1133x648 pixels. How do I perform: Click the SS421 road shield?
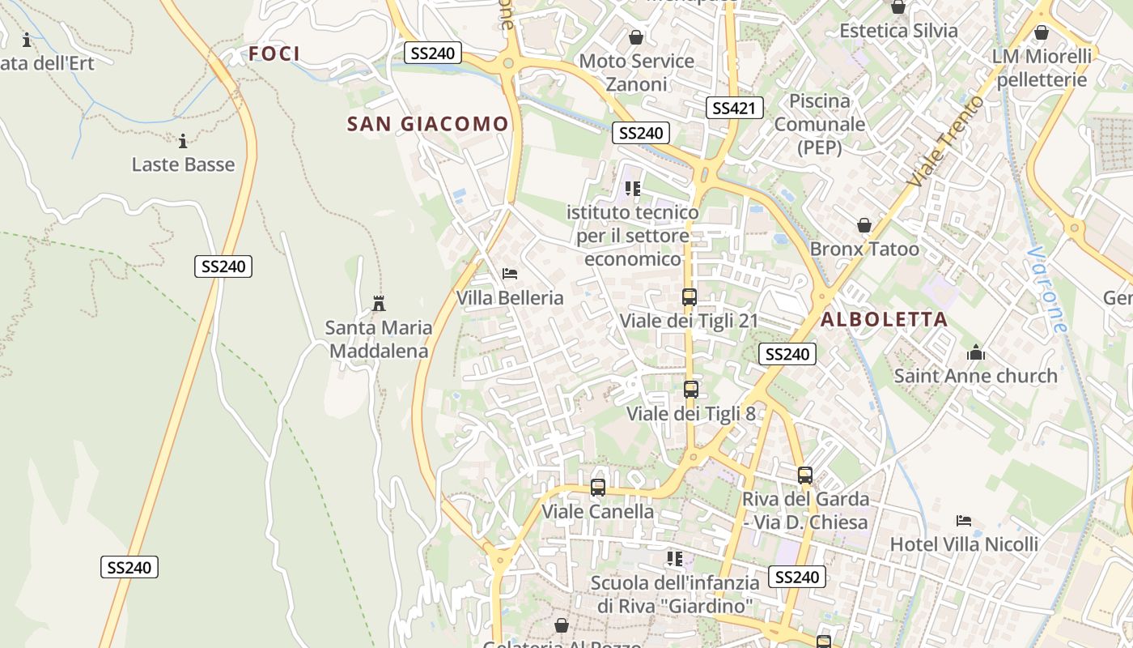pos(735,108)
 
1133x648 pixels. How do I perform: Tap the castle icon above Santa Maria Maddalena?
pos(378,304)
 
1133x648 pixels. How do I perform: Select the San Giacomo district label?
pos(427,124)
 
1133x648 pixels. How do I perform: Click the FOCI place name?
pos(274,53)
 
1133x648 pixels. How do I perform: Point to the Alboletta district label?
pos(884,319)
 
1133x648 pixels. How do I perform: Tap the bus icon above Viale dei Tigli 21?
pos(690,297)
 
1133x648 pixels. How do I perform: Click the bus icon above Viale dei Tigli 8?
pos(690,390)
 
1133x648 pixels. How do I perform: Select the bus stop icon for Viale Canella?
pos(598,488)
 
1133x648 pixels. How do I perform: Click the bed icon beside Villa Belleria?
pos(510,274)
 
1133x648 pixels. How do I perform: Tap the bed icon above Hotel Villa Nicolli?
pos(963,520)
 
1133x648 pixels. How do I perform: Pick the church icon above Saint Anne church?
pos(976,352)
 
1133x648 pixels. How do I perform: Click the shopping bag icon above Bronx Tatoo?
pos(864,225)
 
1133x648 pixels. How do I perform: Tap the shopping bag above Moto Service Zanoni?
pos(636,37)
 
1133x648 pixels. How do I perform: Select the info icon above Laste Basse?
pos(183,142)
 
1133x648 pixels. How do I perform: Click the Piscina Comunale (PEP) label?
pos(820,124)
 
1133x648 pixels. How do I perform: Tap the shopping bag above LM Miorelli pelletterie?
pos(1042,32)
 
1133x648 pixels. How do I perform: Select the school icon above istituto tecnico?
pos(633,189)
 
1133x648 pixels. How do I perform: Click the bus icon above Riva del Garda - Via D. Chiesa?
pos(804,475)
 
